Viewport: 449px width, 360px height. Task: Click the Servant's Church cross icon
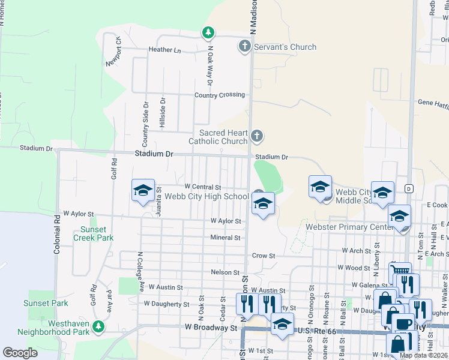point(244,46)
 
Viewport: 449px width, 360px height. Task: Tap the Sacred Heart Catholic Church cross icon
point(256,136)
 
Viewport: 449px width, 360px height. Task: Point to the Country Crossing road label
point(219,95)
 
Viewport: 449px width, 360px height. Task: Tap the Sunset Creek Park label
point(94,233)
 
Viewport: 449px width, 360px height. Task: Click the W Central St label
point(203,187)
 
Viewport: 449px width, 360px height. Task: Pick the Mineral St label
point(225,238)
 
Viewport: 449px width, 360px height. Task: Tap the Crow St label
point(263,256)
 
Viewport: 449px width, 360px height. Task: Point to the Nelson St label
point(225,272)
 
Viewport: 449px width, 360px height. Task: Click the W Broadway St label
point(211,328)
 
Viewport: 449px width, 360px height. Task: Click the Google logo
point(20,353)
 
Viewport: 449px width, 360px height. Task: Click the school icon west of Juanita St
point(143,191)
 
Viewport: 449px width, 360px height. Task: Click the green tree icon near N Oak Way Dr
point(208,32)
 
